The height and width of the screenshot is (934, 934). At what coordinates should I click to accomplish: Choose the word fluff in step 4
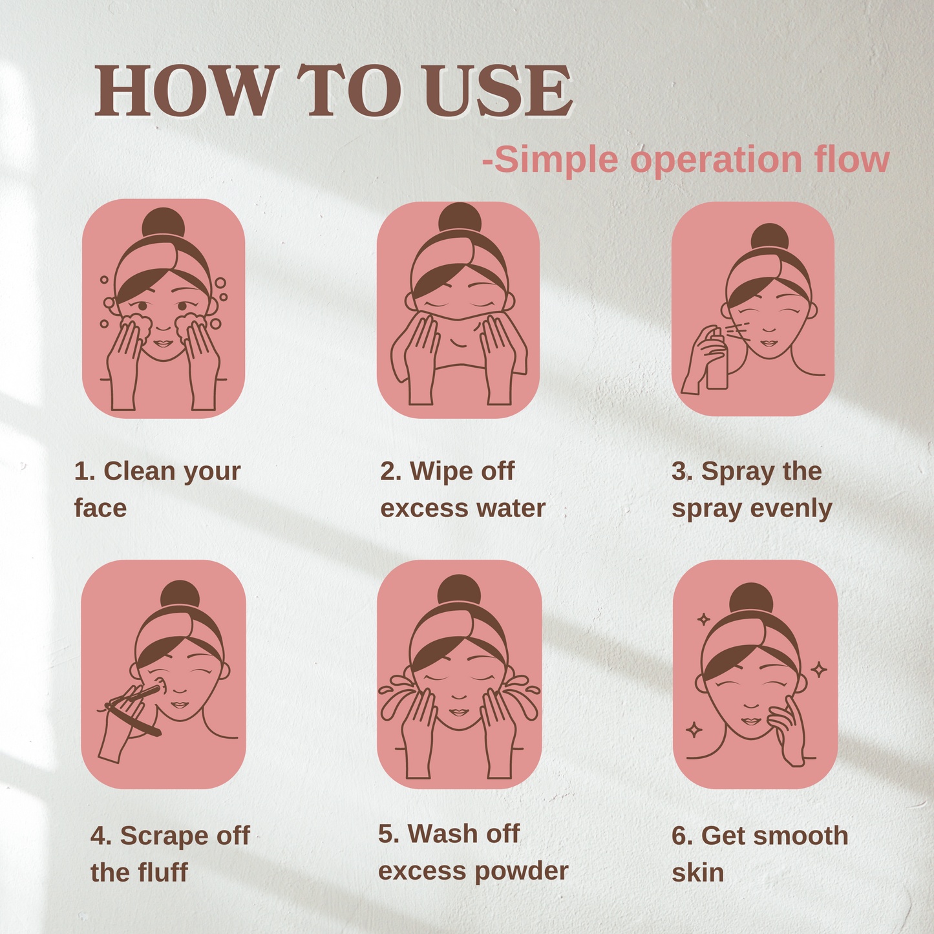pos(163,873)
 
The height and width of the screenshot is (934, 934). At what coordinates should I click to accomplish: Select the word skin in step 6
pos(697,873)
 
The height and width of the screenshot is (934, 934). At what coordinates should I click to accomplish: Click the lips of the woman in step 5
pos(458,712)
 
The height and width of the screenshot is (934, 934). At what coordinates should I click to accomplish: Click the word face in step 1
pos(100,508)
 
